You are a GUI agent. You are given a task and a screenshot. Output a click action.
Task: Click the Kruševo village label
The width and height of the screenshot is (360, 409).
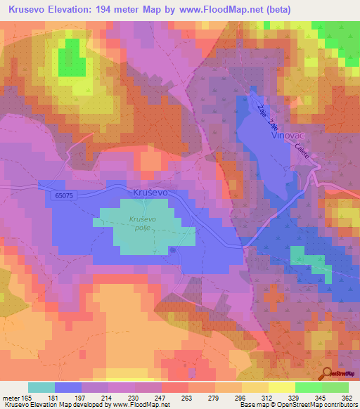click(151, 191)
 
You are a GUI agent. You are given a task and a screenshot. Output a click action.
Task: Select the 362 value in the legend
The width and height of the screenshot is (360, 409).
click(347, 397)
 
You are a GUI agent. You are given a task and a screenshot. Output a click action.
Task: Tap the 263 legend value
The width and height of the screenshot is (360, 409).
click(188, 397)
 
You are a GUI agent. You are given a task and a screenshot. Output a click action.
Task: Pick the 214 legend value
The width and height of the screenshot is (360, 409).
click(108, 397)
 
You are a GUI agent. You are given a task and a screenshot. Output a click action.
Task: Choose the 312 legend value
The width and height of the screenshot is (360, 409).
click(267, 397)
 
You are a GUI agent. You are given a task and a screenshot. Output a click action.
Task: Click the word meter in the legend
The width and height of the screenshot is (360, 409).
click(11, 397)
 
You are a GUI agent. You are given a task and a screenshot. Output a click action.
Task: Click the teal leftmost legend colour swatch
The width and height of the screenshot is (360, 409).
click(41, 387)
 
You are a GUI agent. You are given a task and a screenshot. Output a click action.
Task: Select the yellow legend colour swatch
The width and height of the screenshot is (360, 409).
click(281, 387)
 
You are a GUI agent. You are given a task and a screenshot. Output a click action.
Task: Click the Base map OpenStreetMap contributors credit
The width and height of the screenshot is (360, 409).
click(297, 405)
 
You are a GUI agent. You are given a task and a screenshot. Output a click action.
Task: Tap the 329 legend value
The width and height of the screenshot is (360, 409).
click(294, 397)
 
